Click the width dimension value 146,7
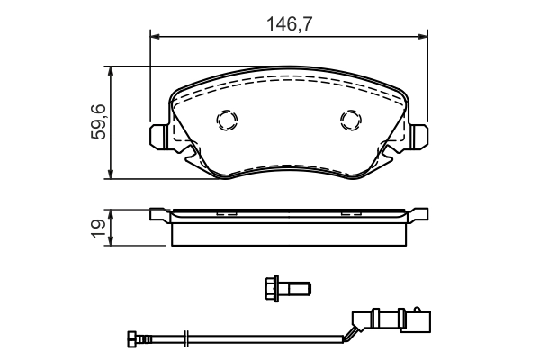289,24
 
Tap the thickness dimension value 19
99,228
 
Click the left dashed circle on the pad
225,120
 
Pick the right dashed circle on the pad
350,120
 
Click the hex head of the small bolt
270,287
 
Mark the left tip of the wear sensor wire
128,339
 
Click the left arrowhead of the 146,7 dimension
153,36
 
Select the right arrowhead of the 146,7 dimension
424,36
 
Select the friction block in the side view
289,232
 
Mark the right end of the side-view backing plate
421,215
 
